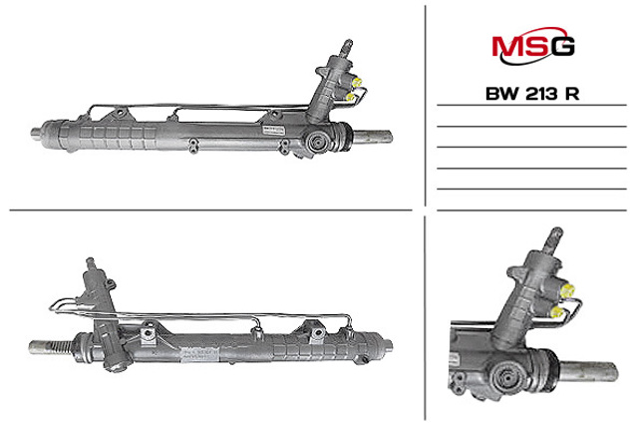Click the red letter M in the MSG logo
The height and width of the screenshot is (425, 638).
point(506,46)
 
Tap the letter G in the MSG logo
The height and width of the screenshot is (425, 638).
point(563,46)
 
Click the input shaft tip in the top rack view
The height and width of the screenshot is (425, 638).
point(346,47)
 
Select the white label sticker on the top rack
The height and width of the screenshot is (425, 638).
point(275,130)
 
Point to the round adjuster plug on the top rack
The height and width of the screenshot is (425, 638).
point(316,143)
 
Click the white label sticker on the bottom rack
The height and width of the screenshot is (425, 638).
point(199,353)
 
